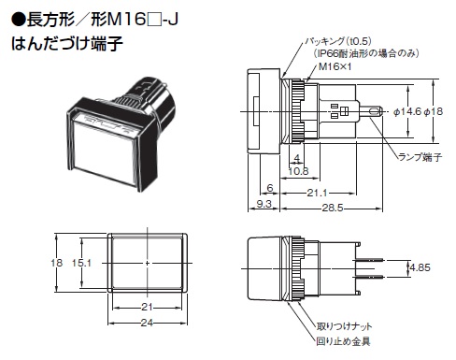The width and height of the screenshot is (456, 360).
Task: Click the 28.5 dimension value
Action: point(333,208)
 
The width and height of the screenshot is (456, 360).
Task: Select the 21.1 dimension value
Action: point(317,193)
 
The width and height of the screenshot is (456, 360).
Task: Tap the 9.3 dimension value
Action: point(264,204)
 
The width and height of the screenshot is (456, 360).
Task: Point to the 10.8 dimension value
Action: point(298,171)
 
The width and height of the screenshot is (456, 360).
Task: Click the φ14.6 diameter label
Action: point(407,111)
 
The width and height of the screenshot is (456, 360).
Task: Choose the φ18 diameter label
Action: point(434,111)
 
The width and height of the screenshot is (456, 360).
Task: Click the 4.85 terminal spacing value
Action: point(420,267)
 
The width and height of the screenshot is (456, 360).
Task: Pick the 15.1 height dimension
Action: point(81,263)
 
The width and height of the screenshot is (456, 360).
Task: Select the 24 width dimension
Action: point(147,323)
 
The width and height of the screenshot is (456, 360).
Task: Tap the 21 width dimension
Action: point(147,308)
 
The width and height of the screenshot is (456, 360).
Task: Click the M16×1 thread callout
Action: point(335,66)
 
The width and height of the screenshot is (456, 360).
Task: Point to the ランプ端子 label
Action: point(420,157)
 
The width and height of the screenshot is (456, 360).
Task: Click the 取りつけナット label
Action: point(344,326)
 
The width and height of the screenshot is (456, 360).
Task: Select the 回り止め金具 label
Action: point(343,341)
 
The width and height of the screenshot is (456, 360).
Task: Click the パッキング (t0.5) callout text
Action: point(338,41)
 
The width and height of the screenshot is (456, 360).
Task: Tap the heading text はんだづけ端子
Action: point(67,43)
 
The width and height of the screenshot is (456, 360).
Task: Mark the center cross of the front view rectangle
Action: point(147,263)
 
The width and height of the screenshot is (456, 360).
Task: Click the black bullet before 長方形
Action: point(18,21)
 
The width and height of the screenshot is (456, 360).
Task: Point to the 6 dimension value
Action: point(270,188)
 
